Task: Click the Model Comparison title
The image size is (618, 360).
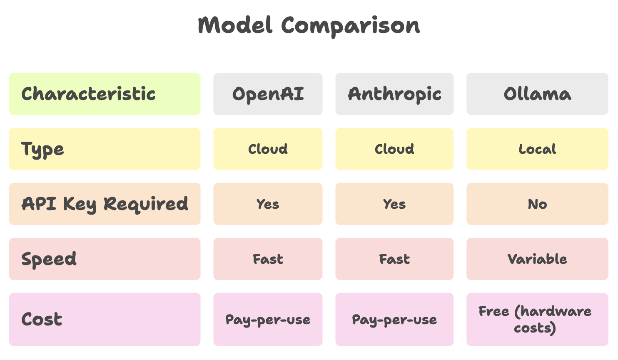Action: coord(309,26)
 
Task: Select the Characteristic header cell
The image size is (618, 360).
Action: coord(105,94)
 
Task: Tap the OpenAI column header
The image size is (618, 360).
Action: coord(268,94)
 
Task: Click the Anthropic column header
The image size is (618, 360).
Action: coord(394,94)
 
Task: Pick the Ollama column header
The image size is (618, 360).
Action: coord(538,94)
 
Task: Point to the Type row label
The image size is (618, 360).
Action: coord(105,149)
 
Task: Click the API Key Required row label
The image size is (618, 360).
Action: coord(105,204)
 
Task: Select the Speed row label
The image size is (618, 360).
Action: coord(105,259)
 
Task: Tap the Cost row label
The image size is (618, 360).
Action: coord(105,320)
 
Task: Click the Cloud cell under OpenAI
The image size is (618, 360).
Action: coord(268,149)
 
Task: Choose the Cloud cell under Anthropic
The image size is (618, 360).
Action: coord(394,149)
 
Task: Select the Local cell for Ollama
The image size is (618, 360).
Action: coord(538,149)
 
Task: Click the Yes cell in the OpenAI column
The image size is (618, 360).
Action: coord(268,204)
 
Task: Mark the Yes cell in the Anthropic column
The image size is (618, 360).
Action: coord(394,204)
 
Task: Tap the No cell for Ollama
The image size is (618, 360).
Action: coord(538,204)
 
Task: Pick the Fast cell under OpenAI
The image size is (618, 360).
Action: coord(268,259)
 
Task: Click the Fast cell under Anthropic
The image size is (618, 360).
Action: coord(394,259)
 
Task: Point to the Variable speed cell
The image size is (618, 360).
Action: coord(538,259)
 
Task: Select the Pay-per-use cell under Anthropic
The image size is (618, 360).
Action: coord(394,320)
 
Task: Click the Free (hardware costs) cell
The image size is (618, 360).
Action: coord(538,320)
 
